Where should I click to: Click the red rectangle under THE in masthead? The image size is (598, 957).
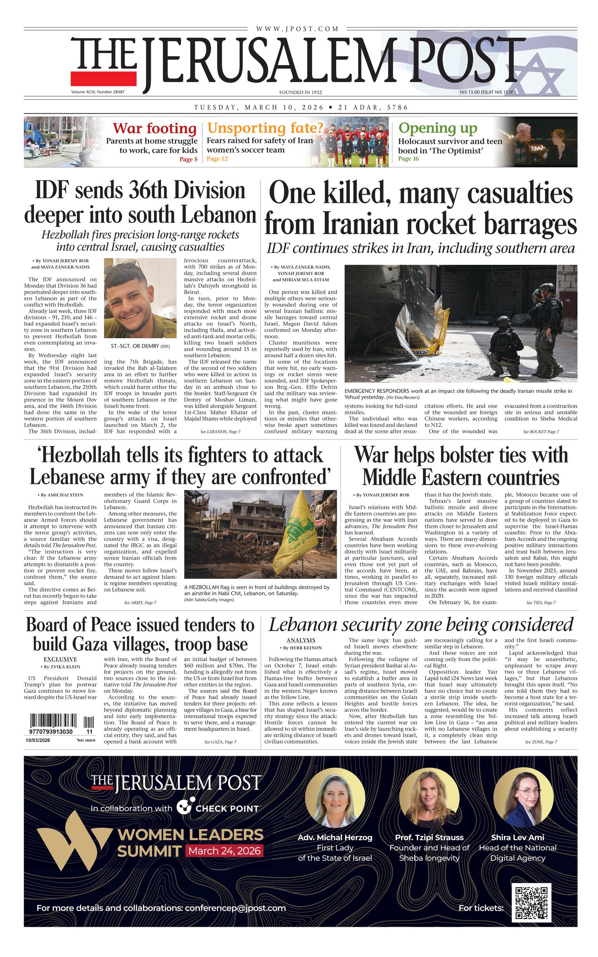[104, 78]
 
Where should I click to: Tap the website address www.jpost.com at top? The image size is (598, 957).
[297, 29]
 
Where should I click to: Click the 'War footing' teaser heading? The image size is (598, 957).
[154, 128]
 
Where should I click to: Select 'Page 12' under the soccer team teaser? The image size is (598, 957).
[217, 159]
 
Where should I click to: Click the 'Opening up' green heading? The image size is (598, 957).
[438, 128]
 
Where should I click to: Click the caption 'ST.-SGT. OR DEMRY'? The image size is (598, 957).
[140, 346]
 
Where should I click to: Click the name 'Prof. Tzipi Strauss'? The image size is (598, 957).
[429, 838]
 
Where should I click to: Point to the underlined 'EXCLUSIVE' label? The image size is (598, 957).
[60, 659]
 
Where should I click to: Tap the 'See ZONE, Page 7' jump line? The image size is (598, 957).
[541, 742]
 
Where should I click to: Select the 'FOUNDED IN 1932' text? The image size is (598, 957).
[300, 92]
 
